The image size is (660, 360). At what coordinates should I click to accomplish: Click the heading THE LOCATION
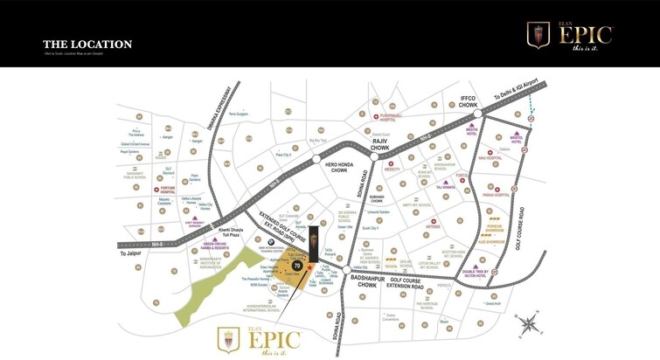pos(87,45)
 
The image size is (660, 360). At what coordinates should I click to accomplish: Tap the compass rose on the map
pos(527,325)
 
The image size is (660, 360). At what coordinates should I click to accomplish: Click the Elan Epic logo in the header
pos(570,35)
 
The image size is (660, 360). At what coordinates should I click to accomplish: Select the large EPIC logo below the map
pos(259,339)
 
